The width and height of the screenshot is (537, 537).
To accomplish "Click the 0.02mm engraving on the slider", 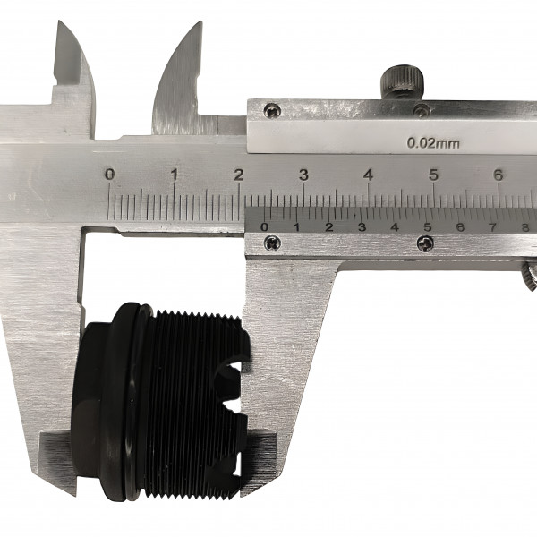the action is [433, 143].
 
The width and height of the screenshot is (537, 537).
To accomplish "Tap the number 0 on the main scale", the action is [109, 175].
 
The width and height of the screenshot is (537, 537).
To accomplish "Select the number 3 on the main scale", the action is [303, 175].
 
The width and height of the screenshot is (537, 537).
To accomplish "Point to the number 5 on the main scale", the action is [433, 175].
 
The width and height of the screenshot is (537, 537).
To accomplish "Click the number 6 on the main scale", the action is [499, 175].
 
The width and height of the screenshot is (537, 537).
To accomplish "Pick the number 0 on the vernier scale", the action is [264, 226].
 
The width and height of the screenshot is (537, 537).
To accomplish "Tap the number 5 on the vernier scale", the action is [428, 226].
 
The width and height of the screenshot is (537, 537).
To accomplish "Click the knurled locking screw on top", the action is [403, 82].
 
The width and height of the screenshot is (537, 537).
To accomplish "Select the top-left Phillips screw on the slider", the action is [273, 111].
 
